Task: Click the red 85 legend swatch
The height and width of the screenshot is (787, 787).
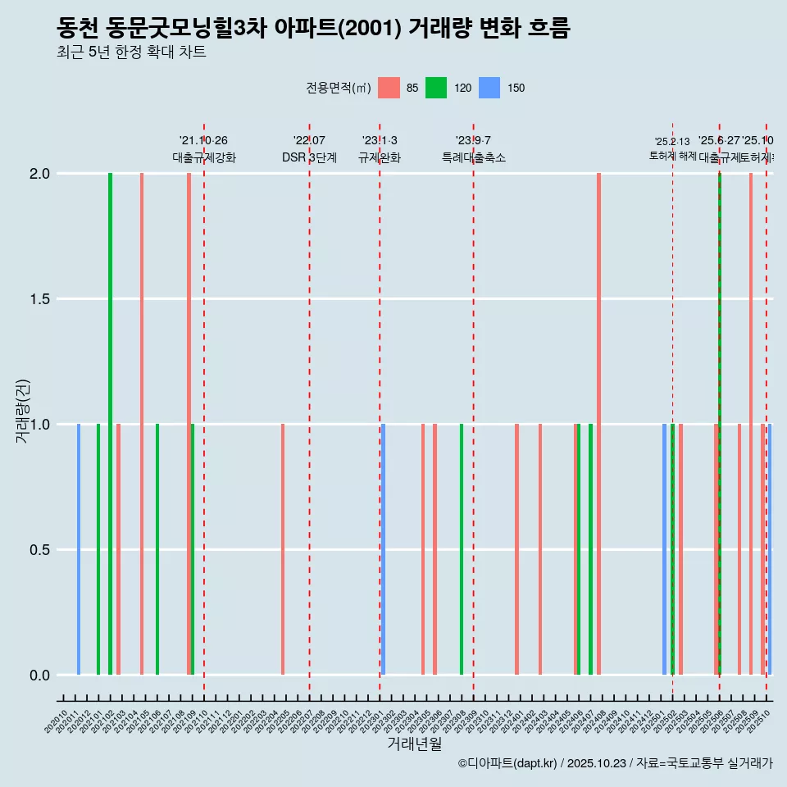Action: pyautogui.click(x=389, y=88)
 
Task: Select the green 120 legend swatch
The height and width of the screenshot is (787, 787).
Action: pyautogui.click(x=436, y=88)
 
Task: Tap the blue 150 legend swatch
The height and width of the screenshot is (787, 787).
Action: pyautogui.click(x=489, y=88)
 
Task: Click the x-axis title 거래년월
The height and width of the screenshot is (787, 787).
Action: pyautogui.click(x=414, y=744)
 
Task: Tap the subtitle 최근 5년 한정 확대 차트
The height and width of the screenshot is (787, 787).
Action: pyautogui.click(x=131, y=52)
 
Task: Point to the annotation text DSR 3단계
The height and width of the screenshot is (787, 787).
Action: pyautogui.click(x=309, y=157)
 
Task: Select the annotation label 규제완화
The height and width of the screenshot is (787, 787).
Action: pyautogui.click(x=379, y=157)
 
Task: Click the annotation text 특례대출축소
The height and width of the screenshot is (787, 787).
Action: pyautogui.click(x=473, y=157)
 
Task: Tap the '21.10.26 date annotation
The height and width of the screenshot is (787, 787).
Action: pyautogui.click(x=203, y=140)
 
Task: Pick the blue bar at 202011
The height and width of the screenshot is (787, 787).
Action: pyautogui.click(x=79, y=549)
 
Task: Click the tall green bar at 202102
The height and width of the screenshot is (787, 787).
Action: pyautogui.click(x=110, y=424)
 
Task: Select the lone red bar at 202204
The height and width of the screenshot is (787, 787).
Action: pyautogui.click(x=283, y=549)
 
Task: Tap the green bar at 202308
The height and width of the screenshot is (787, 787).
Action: pyautogui.click(x=462, y=549)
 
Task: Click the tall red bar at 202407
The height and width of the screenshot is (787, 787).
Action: pyautogui.click(x=598, y=424)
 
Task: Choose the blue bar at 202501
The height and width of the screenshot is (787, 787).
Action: pyautogui.click(x=664, y=549)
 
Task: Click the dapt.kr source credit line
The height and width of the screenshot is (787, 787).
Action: pyautogui.click(x=615, y=763)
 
